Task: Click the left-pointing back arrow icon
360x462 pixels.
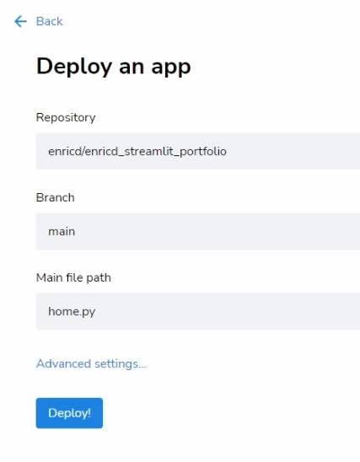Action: (x=20, y=21)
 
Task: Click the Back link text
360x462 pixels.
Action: (x=49, y=21)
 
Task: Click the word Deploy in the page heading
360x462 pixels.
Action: (x=74, y=67)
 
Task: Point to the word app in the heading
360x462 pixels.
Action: (x=171, y=67)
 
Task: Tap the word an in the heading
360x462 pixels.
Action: (x=132, y=67)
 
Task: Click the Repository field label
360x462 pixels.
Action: (x=66, y=117)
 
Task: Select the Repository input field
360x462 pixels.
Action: (x=198, y=151)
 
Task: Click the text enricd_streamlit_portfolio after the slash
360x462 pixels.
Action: (x=155, y=152)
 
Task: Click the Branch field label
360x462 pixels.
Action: (x=55, y=197)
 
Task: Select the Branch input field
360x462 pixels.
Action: (x=198, y=232)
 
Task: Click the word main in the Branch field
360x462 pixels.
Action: (x=62, y=232)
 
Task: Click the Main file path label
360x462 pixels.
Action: (x=73, y=277)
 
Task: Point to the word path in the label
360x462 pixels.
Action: (x=99, y=278)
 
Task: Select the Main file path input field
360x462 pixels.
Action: (x=198, y=311)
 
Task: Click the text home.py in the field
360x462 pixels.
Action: (x=72, y=312)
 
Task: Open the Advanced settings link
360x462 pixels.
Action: (x=91, y=364)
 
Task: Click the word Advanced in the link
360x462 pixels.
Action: (x=63, y=363)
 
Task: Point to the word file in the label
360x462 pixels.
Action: (x=74, y=277)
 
